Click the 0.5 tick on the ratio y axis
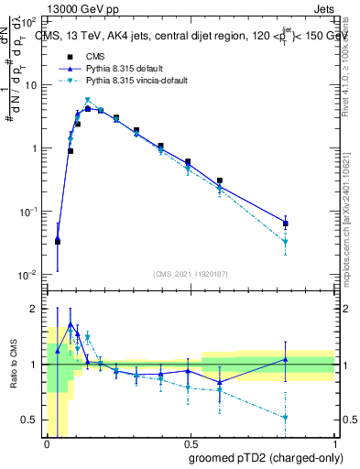tap(33, 420)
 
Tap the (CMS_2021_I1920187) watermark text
tap(190, 273)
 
